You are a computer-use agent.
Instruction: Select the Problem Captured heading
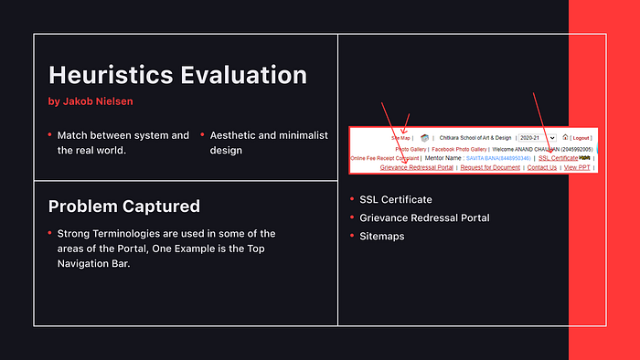pyautogui.click(x=123, y=206)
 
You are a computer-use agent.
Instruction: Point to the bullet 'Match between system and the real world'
pyautogui.click(x=123, y=143)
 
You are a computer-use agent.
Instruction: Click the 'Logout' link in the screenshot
pyautogui.click(x=581, y=137)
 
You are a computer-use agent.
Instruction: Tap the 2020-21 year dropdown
pyautogui.click(x=537, y=137)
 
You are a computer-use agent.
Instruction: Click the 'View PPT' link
pyautogui.click(x=578, y=167)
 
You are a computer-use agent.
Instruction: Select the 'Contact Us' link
pyautogui.click(x=541, y=167)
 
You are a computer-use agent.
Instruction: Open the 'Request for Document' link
pyautogui.click(x=490, y=167)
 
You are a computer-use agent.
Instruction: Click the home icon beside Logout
pyautogui.click(x=566, y=136)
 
